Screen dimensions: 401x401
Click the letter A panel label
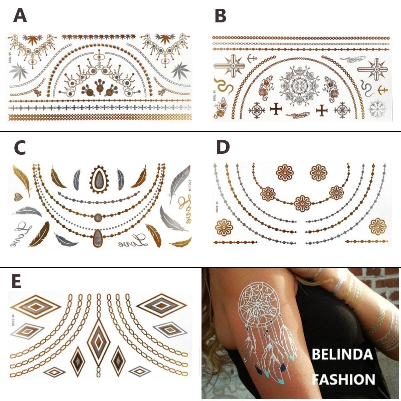click(x=20, y=16)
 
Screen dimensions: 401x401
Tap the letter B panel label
click(x=220, y=16)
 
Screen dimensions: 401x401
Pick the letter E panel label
click(x=16, y=282)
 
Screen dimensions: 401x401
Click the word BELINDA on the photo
click(x=342, y=355)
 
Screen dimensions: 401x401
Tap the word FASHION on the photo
click(x=344, y=379)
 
